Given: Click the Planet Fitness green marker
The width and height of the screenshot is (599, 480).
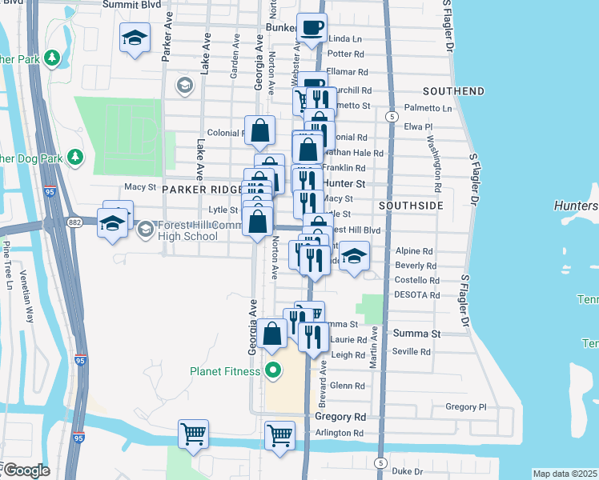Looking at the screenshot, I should click(x=273, y=370).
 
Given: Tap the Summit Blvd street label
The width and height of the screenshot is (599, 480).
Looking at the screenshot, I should click(x=131, y=5).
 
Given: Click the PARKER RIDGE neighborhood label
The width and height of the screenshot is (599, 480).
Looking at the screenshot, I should click(x=201, y=189).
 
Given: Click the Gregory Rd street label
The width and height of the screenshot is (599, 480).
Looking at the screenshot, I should click(x=340, y=417).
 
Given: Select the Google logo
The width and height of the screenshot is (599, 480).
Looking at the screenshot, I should click(x=26, y=470).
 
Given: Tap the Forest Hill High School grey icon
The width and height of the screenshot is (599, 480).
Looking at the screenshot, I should click(x=145, y=230).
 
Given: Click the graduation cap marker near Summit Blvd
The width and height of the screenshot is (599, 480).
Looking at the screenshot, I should click(x=135, y=37).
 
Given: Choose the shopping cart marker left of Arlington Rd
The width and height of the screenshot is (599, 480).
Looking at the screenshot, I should click(x=194, y=434).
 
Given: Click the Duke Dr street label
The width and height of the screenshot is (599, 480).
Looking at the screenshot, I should click(x=407, y=471).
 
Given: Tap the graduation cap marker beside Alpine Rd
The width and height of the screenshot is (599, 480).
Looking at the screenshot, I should click(x=354, y=256).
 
